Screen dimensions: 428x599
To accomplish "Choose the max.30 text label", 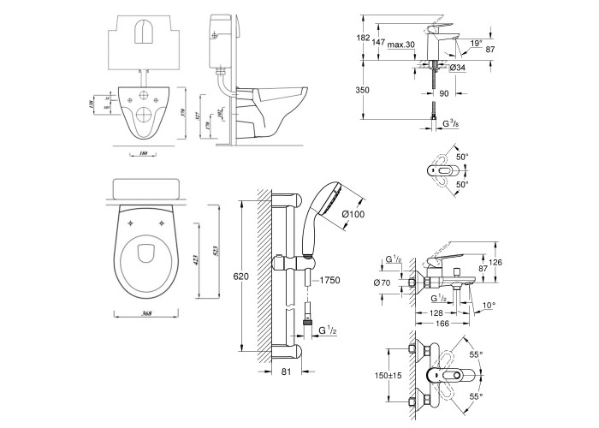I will pyautogui.click(x=400, y=45).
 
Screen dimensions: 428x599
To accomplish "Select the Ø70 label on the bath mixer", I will pyautogui.click(x=383, y=281).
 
